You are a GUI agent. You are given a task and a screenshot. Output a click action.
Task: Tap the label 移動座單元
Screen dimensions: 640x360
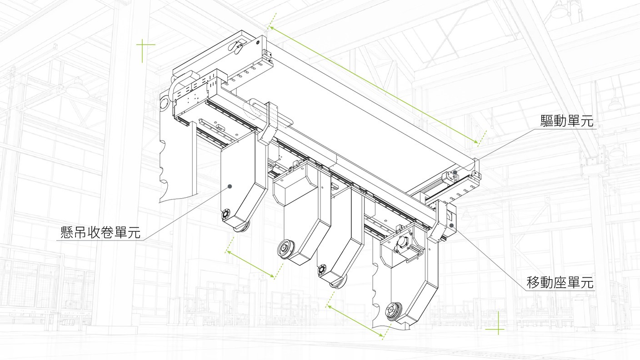coord(560,282)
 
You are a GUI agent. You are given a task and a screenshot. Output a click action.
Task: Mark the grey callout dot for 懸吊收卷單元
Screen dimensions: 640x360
coord(230,186)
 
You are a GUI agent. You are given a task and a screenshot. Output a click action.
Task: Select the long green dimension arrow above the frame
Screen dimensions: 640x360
coord(373,85)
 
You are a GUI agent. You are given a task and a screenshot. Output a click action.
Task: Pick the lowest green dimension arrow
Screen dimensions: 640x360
coord(355,321)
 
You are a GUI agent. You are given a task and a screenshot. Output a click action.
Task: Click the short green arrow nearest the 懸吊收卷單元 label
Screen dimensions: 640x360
coord(250,264)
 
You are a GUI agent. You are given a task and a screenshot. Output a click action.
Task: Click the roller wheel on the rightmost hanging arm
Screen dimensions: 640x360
coord(394,310)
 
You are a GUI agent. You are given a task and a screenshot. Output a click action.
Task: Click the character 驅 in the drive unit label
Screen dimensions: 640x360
coord(547,121)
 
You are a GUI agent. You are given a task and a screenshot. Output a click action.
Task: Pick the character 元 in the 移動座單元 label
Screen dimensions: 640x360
coord(587,282)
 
